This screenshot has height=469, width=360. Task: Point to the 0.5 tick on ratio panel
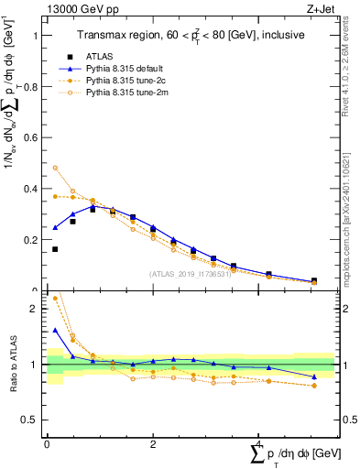pyautogui.click(x=33, y=420)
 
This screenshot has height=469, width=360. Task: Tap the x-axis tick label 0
pyautogui.click(x=47, y=443)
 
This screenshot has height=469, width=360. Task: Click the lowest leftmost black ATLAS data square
pyautogui.click(x=54, y=249)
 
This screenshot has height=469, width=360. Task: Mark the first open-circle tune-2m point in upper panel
pyautogui.click(x=54, y=168)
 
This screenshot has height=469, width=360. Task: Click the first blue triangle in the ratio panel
pyautogui.click(x=54, y=330)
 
